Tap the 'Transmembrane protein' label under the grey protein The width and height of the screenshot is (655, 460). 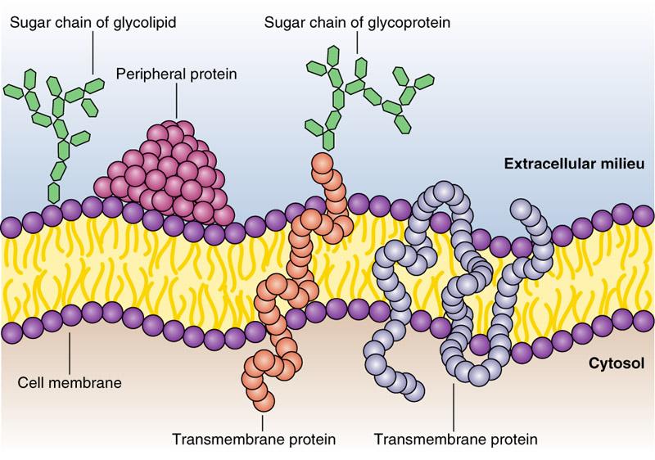pyautogui.click(x=455, y=440)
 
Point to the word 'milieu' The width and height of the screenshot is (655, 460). pyautogui.click(x=626, y=165)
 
